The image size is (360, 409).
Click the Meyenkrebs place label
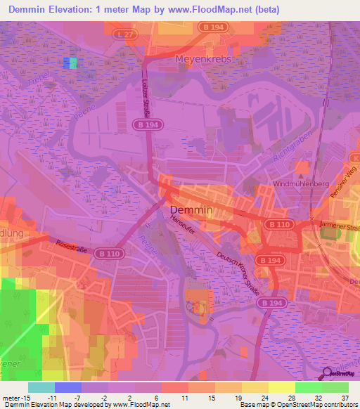[x=203, y=59]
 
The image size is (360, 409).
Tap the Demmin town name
[x=188, y=210]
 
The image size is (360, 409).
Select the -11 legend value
[x=51, y=397]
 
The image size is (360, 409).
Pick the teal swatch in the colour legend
[x=41, y=387]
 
